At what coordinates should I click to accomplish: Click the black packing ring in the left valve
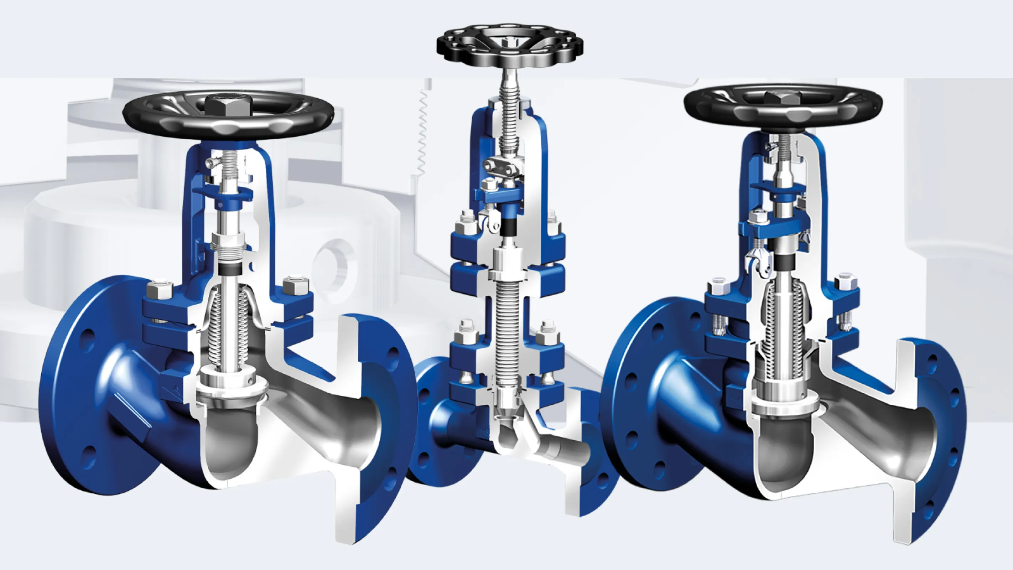click(230, 270)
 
